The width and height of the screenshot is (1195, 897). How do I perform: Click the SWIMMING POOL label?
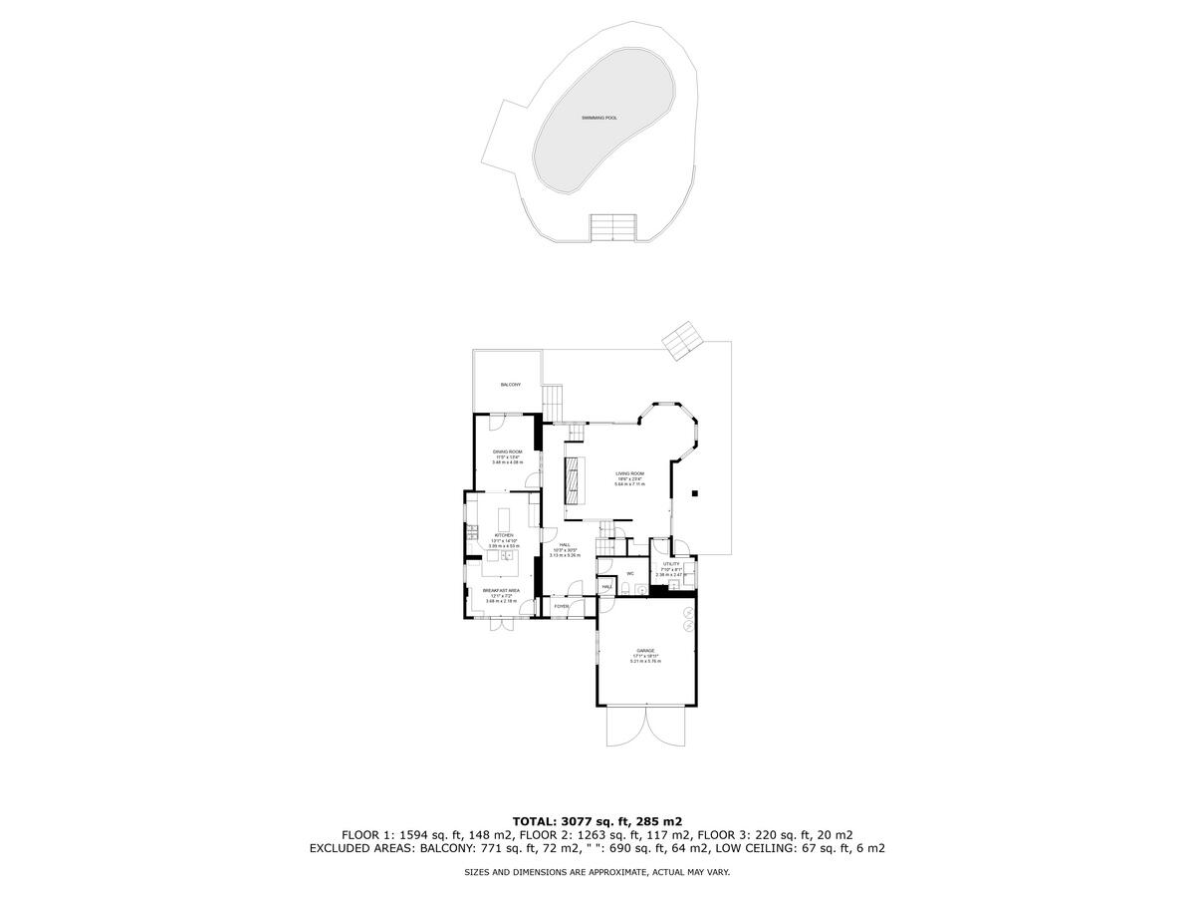(x=599, y=118)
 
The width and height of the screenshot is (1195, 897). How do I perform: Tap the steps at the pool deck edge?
(x=612, y=227)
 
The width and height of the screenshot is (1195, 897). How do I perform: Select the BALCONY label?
(x=510, y=385)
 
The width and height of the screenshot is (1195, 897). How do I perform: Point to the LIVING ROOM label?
(x=629, y=473)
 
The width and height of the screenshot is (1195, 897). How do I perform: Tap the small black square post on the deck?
(x=696, y=492)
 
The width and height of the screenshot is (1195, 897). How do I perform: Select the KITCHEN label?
(x=503, y=535)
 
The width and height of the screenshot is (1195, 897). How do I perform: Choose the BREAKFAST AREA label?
(x=502, y=590)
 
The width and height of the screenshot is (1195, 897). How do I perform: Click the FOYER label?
(x=562, y=606)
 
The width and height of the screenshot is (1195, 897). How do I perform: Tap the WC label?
(x=630, y=574)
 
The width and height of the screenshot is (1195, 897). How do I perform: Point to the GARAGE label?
(x=645, y=650)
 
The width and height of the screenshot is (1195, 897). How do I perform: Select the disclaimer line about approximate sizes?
(x=597, y=872)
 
